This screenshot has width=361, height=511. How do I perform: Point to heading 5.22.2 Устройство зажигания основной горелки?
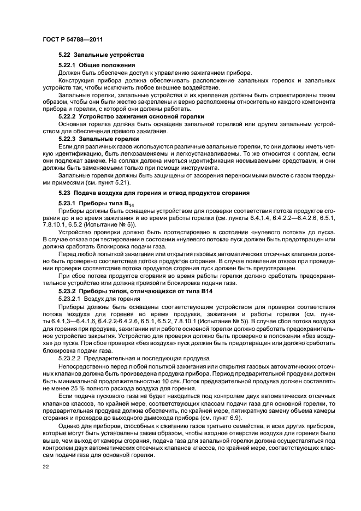pos(131,116)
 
